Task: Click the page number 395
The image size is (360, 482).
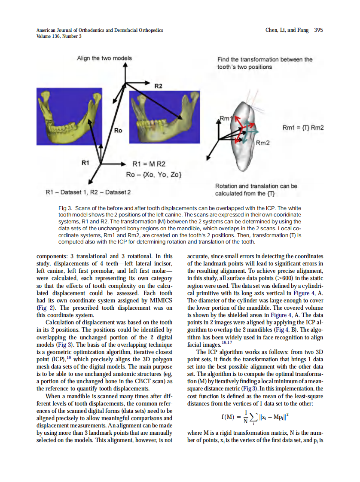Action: click(x=318, y=30)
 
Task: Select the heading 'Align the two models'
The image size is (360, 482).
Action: click(x=104, y=58)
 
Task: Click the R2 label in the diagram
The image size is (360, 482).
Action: click(x=159, y=86)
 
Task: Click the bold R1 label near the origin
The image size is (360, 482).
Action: click(x=85, y=163)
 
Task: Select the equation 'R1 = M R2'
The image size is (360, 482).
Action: click(x=149, y=164)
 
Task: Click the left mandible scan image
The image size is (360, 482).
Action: click(x=69, y=115)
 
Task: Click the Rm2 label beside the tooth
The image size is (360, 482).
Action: click(x=262, y=143)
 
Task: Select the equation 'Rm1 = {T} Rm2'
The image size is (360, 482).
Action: click(x=302, y=128)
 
